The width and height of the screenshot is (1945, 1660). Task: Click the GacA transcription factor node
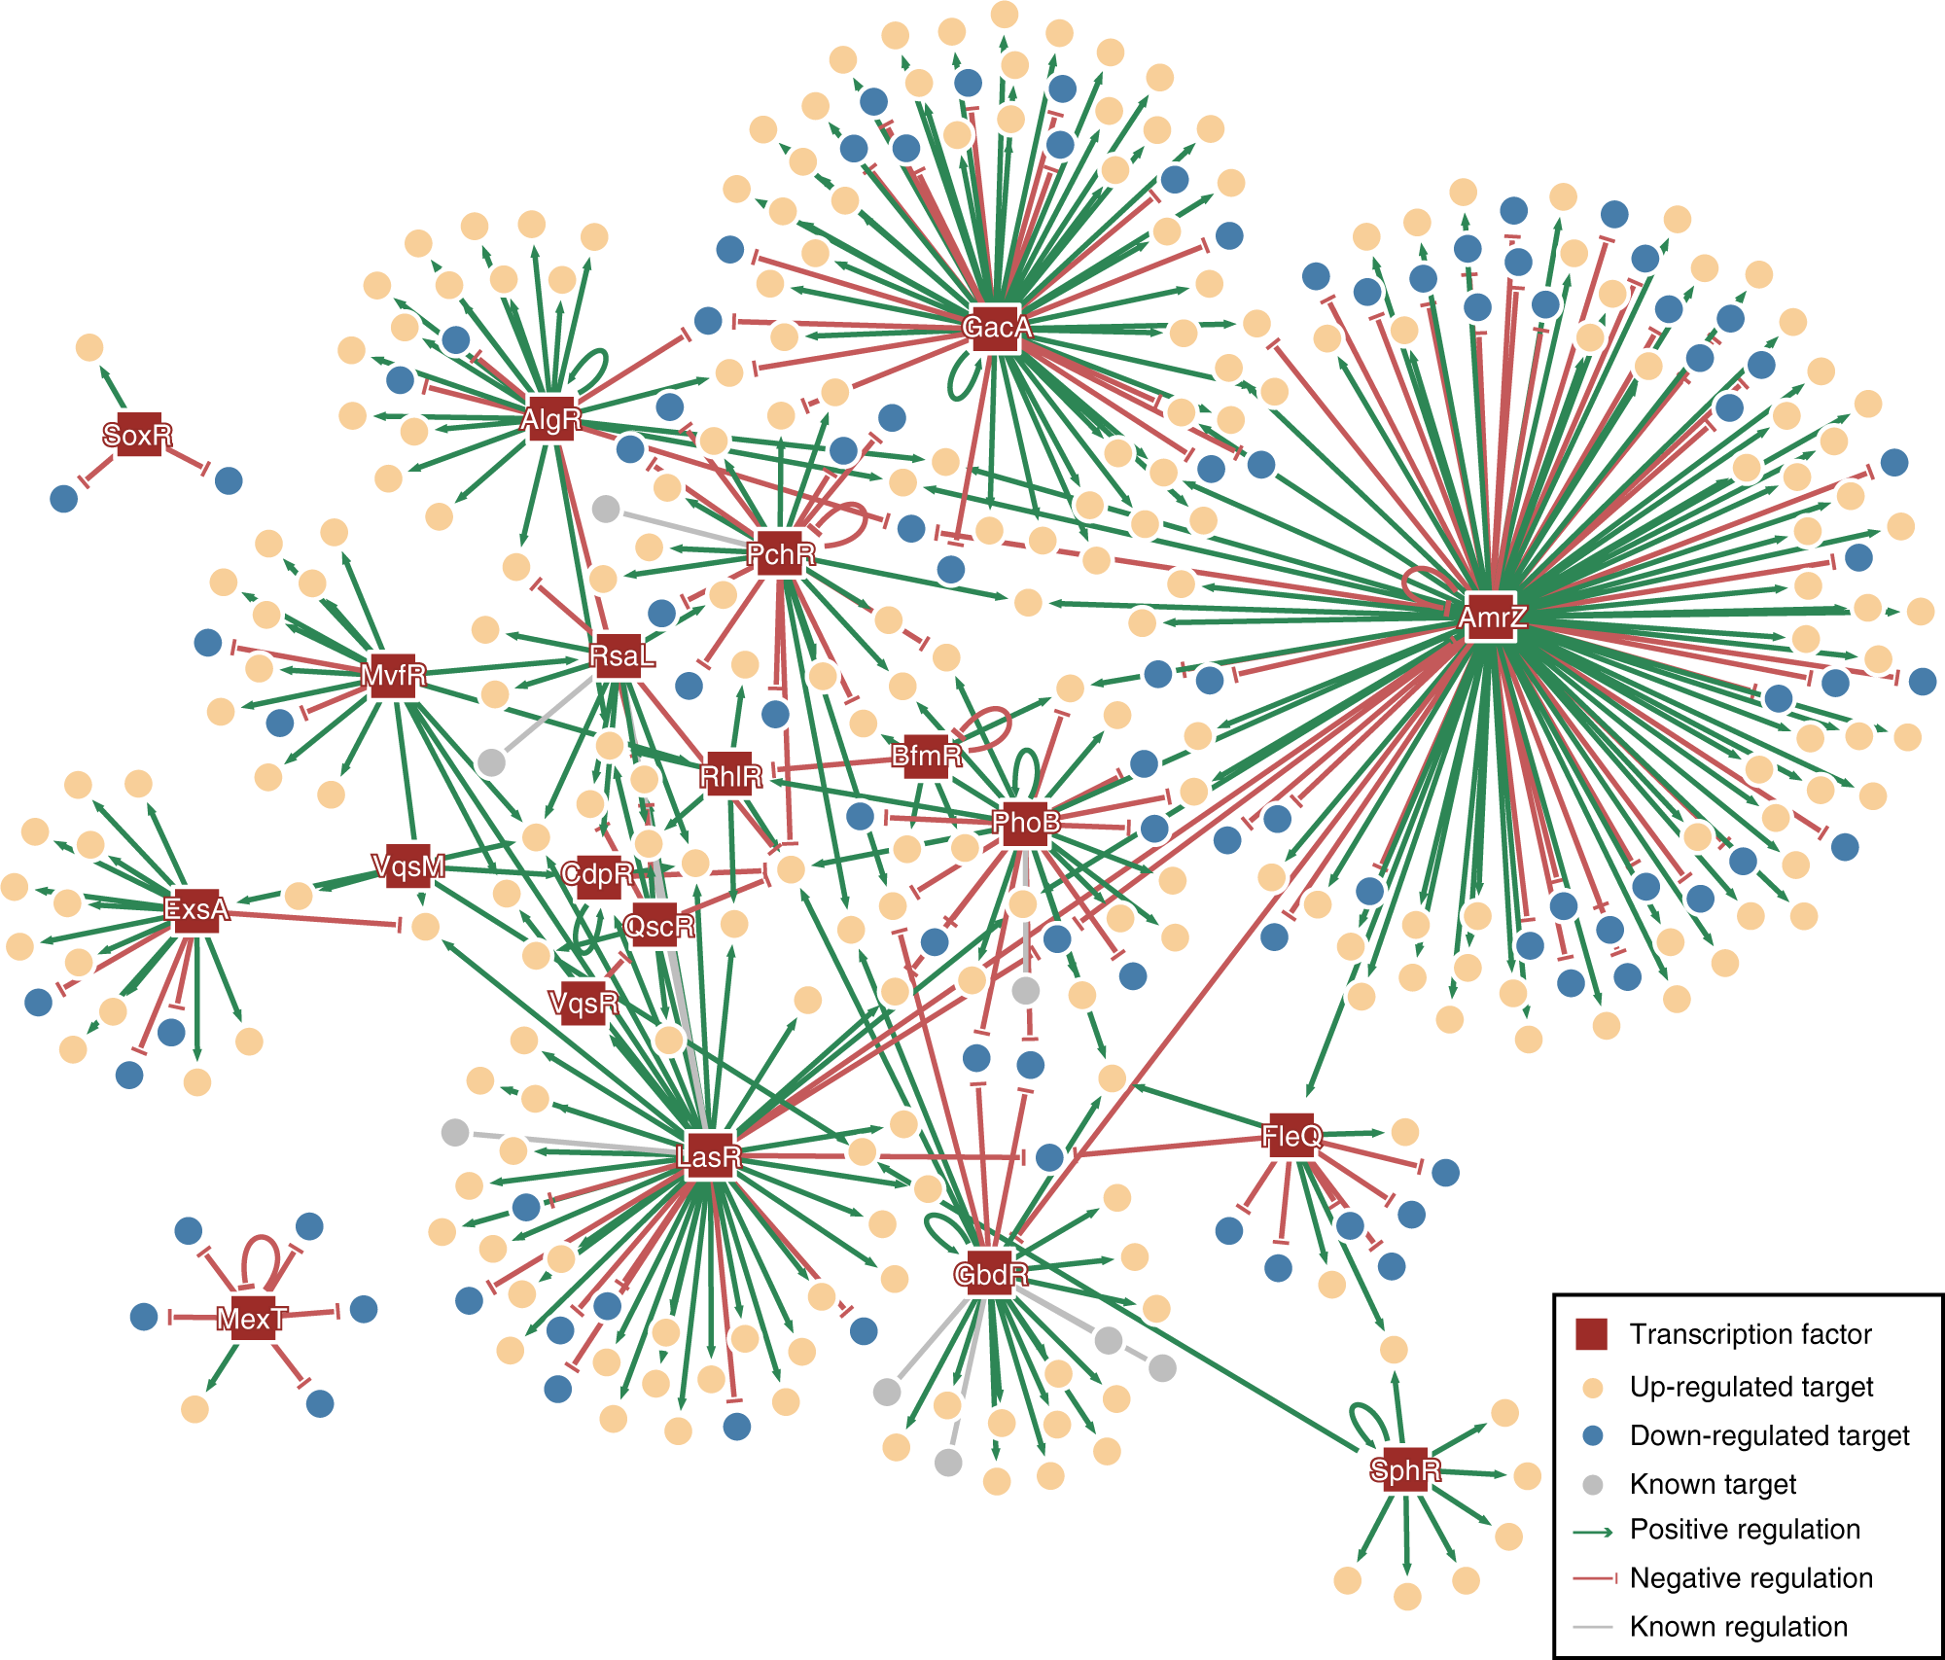995,328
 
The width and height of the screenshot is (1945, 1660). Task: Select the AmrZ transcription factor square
1491,617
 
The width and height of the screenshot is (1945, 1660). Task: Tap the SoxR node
138,435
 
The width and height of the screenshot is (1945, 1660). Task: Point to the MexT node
253,1318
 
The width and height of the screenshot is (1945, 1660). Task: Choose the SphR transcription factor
1404,1469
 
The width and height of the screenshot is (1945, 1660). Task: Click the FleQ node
1291,1136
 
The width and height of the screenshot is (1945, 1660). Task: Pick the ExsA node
196,909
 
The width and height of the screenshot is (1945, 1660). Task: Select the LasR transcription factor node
709,1156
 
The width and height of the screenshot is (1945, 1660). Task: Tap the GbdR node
990,1274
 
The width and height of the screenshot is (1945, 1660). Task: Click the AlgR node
550,419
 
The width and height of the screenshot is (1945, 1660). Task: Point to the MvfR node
393,675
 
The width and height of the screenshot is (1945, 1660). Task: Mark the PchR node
780,554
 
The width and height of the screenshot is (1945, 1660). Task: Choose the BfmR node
926,756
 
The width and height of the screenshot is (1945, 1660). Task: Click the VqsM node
408,865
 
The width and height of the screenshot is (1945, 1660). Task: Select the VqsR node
583,1002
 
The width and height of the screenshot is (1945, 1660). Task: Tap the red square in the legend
1591,1334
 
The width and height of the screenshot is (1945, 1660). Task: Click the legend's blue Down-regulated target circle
1592,1435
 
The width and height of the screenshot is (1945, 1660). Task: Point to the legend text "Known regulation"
1738,1626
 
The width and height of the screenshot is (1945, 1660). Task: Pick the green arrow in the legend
1592,1532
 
